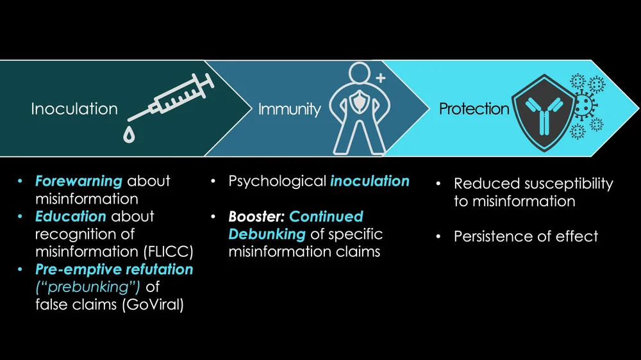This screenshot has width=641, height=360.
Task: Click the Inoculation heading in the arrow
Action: coord(74,109)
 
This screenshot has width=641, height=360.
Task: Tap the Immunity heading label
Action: coord(289,110)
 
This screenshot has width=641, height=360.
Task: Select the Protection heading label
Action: coord(474,109)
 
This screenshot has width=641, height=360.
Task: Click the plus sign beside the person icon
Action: coord(380,79)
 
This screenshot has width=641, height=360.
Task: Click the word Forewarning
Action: coord(79,181)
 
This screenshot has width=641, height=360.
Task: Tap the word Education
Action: coord(71,217)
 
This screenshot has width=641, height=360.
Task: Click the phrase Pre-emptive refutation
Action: coord(114,270)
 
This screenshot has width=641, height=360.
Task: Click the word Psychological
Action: coord(277,181)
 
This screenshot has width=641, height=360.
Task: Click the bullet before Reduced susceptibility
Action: coord(438,184)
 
